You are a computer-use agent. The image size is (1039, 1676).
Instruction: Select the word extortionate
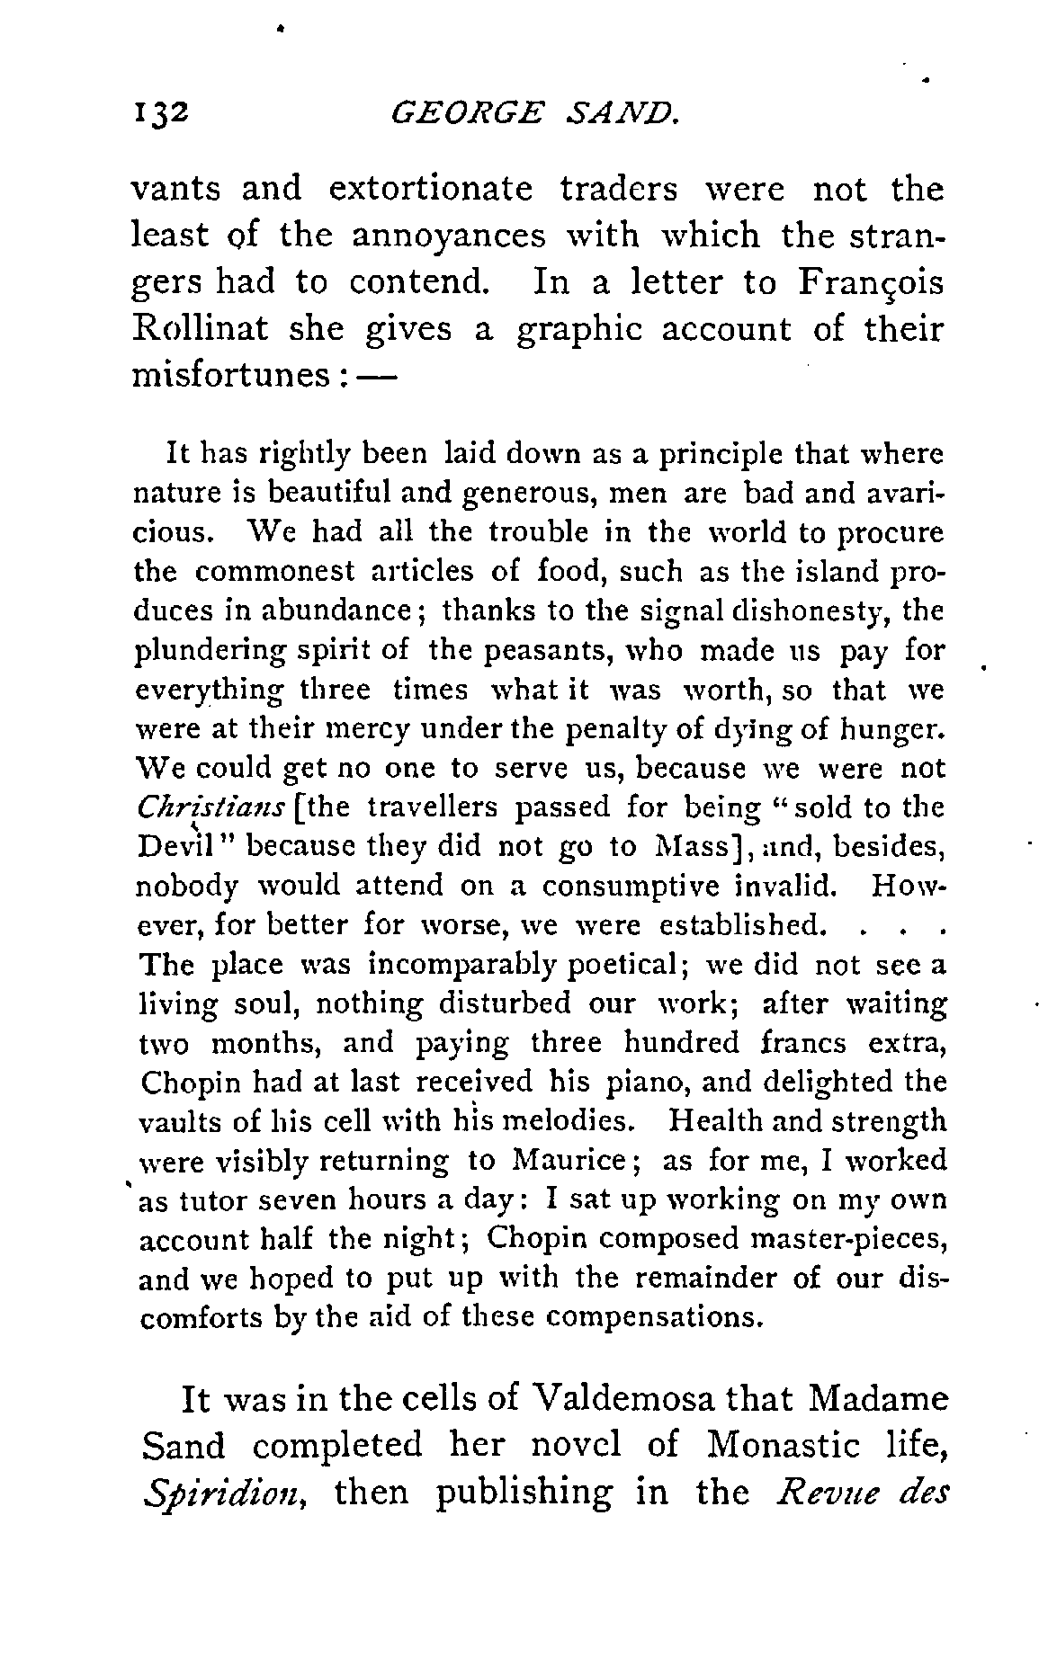coord(432,190)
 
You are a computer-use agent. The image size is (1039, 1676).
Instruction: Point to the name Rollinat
coord(201,329)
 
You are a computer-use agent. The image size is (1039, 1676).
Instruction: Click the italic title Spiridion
coord(229,1494)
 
